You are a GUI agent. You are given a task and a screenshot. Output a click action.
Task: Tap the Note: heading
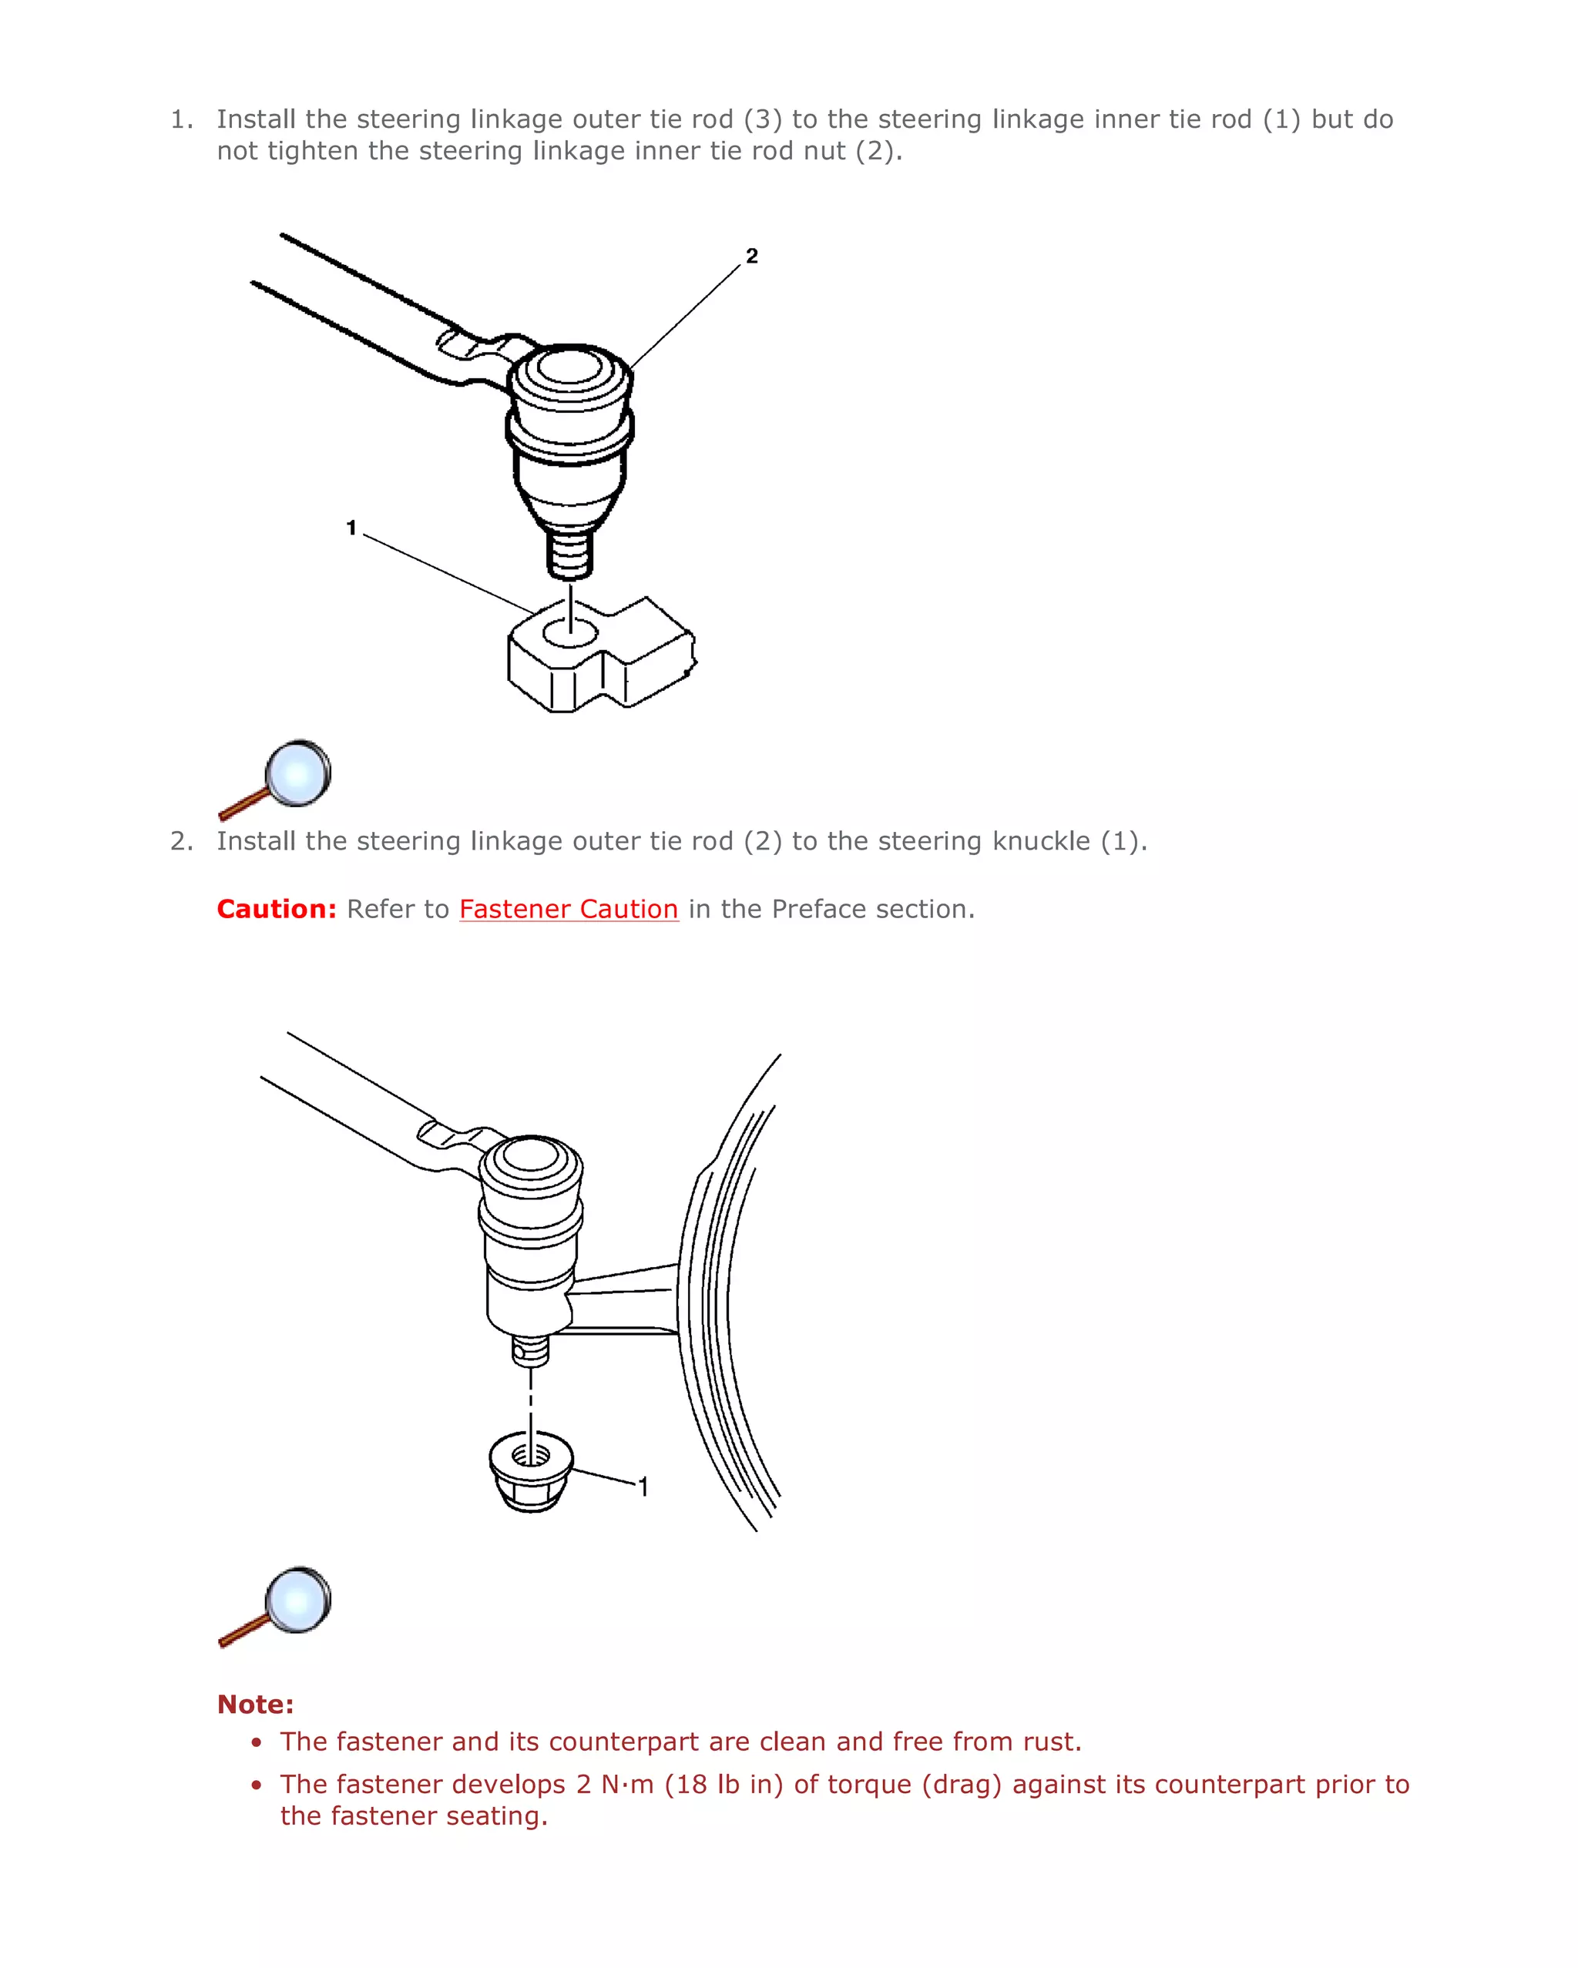pos(255,1705)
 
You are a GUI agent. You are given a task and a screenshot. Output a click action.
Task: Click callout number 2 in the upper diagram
pos(751,256)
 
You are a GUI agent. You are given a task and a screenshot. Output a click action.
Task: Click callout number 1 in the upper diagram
pos(351,528)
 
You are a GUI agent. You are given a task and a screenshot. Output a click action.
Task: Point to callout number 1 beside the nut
pos(644,1487)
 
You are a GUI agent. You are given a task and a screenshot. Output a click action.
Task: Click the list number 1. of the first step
pos(182,119)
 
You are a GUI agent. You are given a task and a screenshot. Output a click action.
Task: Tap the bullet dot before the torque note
pos(257,1785)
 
